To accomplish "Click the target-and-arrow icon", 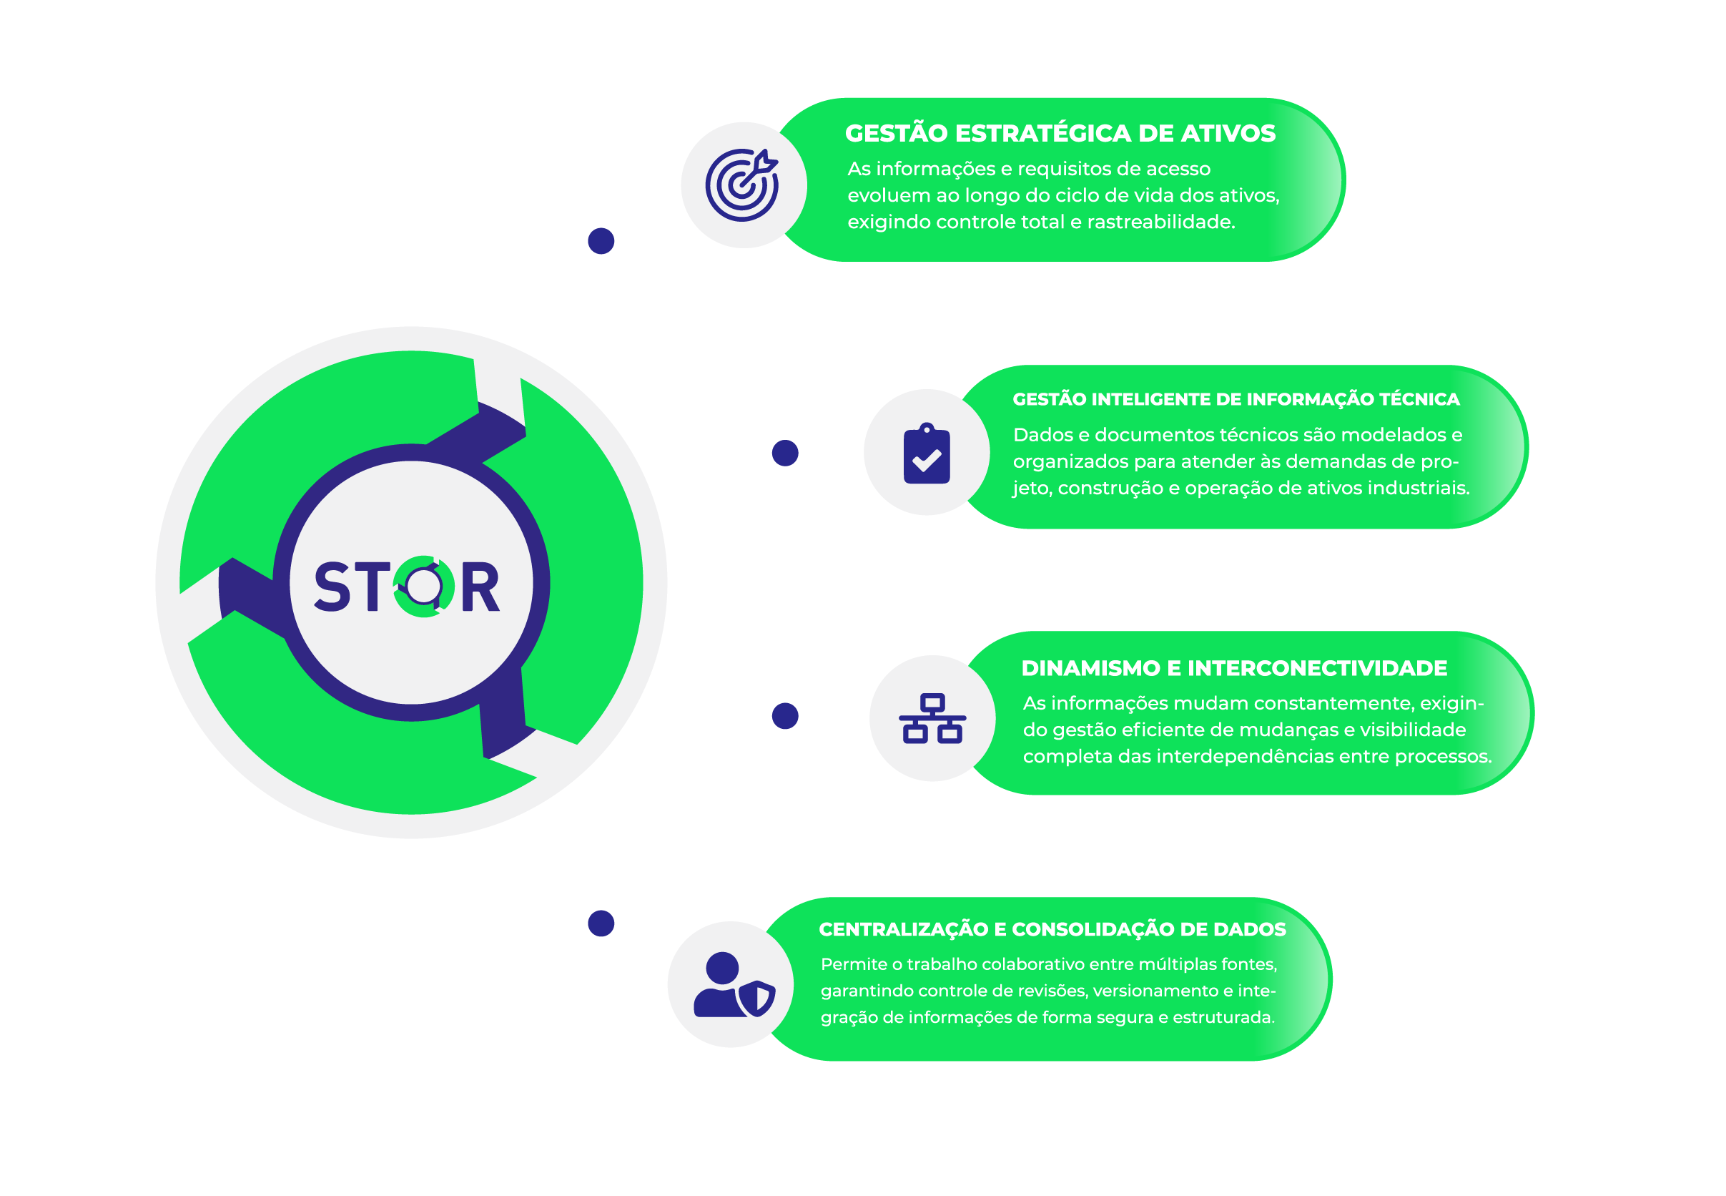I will coord(741,185).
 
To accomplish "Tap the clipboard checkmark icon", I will coord(927,454).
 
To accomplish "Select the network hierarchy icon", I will coord(932,718).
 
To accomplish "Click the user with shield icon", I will coord(734,986).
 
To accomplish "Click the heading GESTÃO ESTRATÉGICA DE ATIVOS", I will coord(1060,133).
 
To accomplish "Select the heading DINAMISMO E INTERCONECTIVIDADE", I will coord(1234,667).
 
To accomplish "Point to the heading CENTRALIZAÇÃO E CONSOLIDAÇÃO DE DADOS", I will coord(1052,929).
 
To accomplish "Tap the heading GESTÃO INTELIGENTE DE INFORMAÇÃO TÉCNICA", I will coord(1236,399).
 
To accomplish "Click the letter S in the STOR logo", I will coord(332,587).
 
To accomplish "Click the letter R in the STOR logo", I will coord(480,587).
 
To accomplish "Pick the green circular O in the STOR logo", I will coord(424,587).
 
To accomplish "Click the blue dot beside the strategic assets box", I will coord(601,241).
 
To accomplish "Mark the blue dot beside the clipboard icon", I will coord(785,453).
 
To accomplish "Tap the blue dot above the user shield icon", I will coord(601,923).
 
